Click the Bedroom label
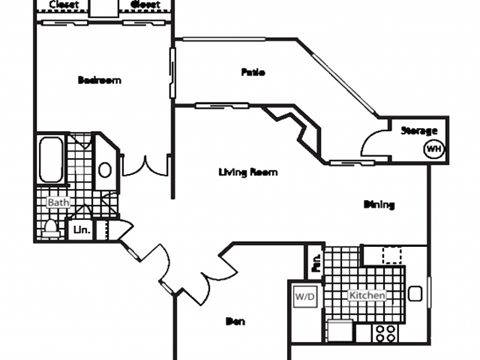[x=99, y=80]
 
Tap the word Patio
[x=252, y=72]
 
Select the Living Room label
[x=247, y=172]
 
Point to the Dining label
[x=379, y=204]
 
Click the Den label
[x=236, y=321]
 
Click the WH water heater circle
[x=433, y=149]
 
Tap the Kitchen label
[x=368, y=296]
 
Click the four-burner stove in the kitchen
[x=386, y=333]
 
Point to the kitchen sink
[x=415, y=294]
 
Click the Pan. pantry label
[x=315, y=265]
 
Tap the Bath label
[x=58, y=201]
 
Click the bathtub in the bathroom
[x=50, y=161]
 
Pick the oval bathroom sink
[x=105, y=169]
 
